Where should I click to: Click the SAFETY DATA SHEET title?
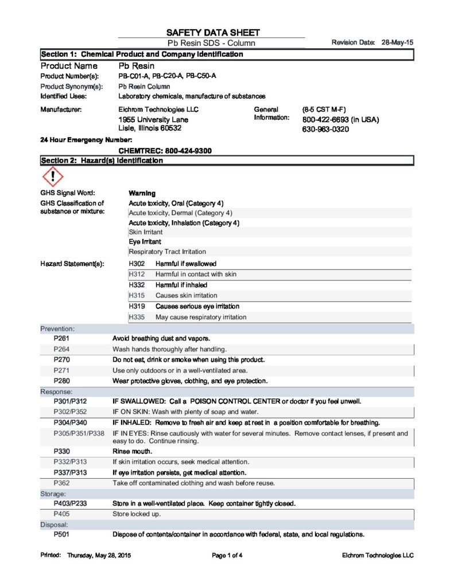(213, 33)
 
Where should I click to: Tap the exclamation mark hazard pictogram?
(52, 176)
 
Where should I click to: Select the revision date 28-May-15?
(398, 43)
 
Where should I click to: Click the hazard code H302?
(137, 264)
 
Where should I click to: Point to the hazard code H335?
(137, 317)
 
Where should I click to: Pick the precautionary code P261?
(61, 338)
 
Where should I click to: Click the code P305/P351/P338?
(79, 433)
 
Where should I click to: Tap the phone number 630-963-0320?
(325, 130)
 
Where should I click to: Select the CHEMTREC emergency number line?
(165, 151)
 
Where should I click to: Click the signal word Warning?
(142, 193)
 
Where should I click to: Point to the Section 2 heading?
(102, 161)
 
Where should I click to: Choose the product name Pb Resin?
(136, 66)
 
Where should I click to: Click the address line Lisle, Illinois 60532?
(150, 128)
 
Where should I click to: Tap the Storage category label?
(53, 494)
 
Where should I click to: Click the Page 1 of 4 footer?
(227, 555)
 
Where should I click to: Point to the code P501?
(61, 535)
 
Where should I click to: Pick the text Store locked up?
(137, 514)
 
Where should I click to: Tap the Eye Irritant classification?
(145, 242)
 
